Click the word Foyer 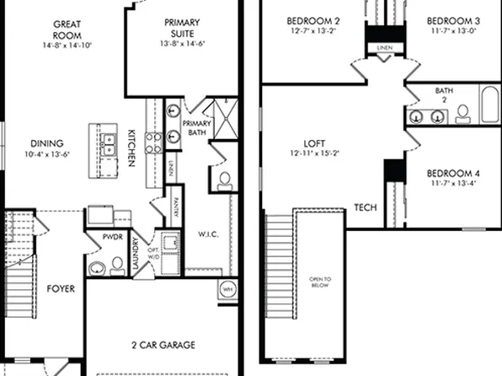[x=61, y=288]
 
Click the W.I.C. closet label [x=208, y=234]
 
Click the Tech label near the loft [x=365, y=207]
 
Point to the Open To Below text [x=320, y=282]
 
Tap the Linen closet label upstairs [x=384, y=48]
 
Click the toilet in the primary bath [x=225, y=180]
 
